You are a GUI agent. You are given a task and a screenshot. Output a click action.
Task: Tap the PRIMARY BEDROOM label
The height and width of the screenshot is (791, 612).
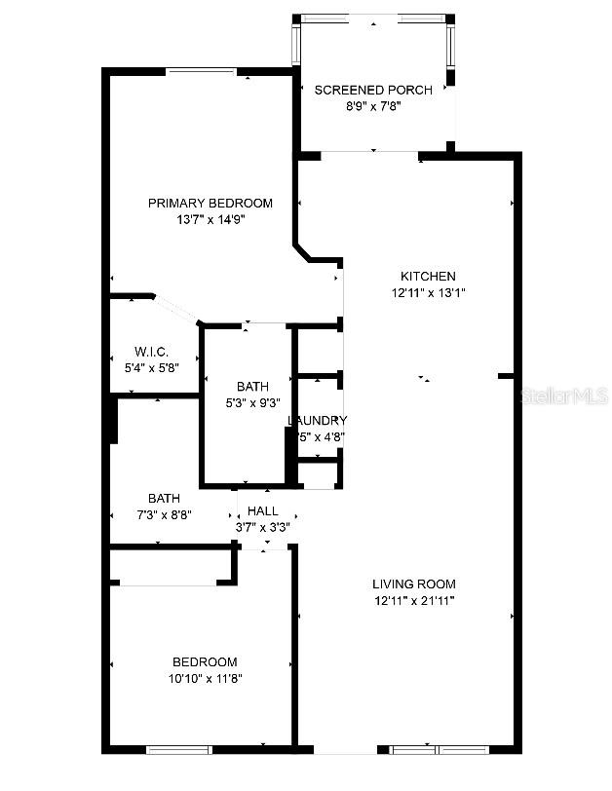[x=210, y=203]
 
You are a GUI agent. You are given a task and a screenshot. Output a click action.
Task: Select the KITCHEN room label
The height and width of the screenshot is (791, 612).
[x=428, y=276]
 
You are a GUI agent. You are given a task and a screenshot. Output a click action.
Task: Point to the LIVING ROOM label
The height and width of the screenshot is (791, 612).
[x=414, y=584]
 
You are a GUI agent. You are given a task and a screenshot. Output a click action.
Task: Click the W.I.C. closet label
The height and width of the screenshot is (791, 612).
[x=152, y=352]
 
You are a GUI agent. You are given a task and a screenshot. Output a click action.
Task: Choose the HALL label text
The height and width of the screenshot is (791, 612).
[x=262, y=510]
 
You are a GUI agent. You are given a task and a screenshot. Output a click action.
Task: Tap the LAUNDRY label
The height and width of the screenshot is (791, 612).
[x=318, y=420]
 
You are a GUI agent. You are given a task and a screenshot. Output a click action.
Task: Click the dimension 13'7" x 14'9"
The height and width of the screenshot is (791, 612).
[x=210, y=219]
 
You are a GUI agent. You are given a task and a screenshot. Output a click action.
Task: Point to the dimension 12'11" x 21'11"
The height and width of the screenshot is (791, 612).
[x=414, y=600]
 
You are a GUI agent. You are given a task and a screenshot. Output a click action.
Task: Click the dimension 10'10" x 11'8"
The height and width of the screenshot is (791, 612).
[x=205, y=678]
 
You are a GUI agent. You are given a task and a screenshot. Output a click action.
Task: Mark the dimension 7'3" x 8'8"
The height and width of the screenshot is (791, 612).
[x=164, y=514]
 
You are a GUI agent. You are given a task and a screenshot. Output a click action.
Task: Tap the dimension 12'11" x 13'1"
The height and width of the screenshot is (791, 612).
[x=428, y=292]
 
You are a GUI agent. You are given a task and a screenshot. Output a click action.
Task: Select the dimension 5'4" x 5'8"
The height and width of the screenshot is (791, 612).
[x=152, y=368]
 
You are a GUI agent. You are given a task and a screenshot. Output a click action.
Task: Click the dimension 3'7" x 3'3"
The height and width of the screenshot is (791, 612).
[x=262, y=527]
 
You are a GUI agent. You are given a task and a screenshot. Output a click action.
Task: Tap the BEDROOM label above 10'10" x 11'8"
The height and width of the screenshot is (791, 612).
[x=205, y=661]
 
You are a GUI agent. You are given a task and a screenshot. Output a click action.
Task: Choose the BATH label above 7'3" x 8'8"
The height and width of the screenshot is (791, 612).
[x=164, y=498]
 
